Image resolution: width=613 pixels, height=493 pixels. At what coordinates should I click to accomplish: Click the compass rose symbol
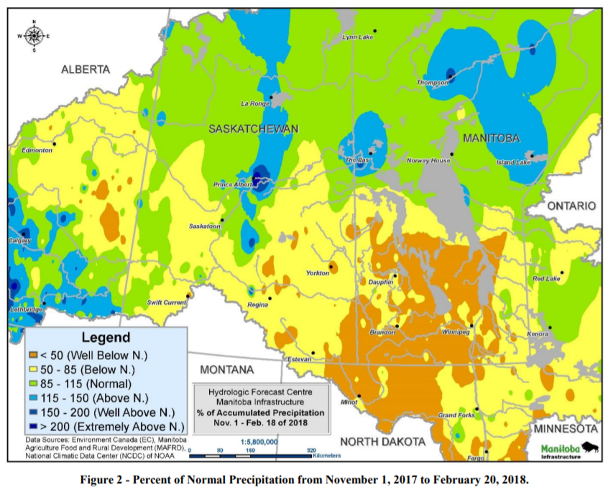point(33,35)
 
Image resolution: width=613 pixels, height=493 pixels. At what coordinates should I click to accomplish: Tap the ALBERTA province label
point(86,70)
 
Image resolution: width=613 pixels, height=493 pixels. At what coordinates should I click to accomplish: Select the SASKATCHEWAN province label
point(253,129)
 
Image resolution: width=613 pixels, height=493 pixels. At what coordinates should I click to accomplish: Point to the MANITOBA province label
point(491,137)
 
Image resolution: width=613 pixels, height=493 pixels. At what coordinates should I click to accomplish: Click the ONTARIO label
point(571,206)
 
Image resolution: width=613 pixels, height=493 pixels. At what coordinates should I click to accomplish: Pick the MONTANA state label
point(227,369)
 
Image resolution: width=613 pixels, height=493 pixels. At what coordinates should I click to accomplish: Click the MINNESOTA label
point(566,429)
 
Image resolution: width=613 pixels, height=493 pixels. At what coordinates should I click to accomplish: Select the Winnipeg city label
point(456,333)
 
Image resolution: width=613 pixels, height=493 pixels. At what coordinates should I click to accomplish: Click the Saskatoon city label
point(204,226)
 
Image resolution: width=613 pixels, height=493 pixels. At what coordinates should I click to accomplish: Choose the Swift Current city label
point(167,303)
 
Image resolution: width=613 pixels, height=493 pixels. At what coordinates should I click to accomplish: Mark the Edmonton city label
point(37,150)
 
